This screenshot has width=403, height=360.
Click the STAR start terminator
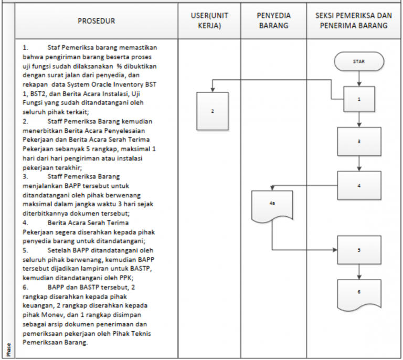(359, 61)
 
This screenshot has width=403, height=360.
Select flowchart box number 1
(359, 98)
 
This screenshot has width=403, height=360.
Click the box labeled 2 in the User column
(212, 111)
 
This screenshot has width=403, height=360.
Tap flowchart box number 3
(359, 141)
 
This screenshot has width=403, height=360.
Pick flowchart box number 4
(359, 185)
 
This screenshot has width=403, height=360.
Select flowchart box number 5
(359, 250)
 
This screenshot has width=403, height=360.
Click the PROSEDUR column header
(96, 21)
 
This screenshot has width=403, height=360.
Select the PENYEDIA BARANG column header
(273, 21)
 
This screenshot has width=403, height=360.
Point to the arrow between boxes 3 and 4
(359, 164)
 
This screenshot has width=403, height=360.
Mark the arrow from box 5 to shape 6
(359, 271)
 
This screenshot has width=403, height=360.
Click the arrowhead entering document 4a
(272, 189)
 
